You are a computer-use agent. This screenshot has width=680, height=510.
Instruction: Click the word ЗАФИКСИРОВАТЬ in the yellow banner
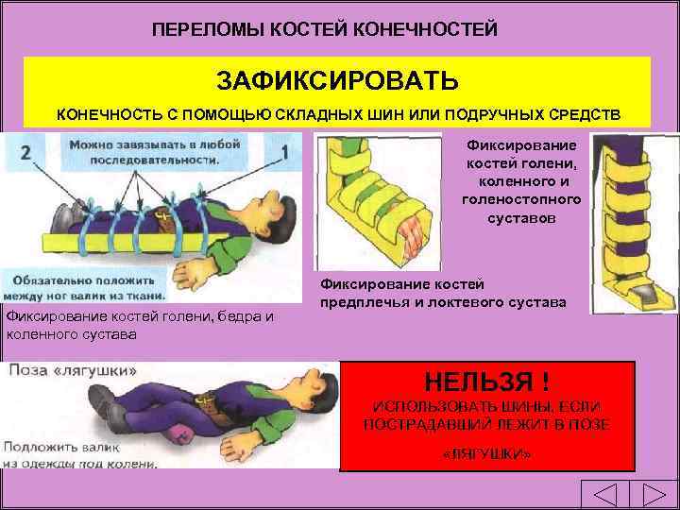pyautogui.click(x=338, y=78)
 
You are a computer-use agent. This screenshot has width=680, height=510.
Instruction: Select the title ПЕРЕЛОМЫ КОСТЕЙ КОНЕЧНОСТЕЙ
pyautogui.click(x=325, y=29)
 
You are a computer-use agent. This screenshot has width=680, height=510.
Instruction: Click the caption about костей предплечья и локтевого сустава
pyautogui.click(x=443, y=294)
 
